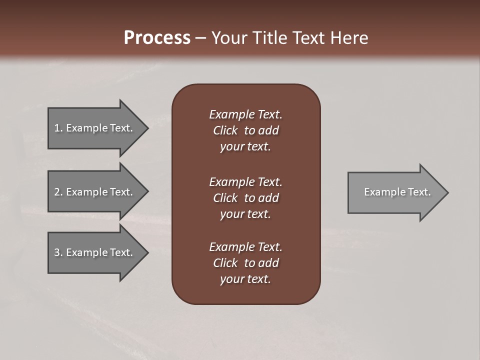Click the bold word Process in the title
[x=157, y=38]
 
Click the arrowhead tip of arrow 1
[x=147, y=128]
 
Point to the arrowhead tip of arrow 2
[x=147, y=192]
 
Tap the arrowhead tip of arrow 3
[x=147, y=252]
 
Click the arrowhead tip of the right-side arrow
[x=447, y=192]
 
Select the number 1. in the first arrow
[x=58, y=128]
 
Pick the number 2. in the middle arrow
[x=58, y=192]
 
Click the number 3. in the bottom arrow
[x=58, y=252]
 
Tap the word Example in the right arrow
[x=382, y=192]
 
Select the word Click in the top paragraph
[x=225, y=130]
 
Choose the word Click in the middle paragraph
[x=225, y=198]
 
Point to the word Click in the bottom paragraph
[x=225, y=263]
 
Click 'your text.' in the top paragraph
[x=245, y=147]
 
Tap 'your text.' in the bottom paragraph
[x=245, y=279]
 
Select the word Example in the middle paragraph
[x=231, y=182]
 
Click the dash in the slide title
[x=200, y=38]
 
